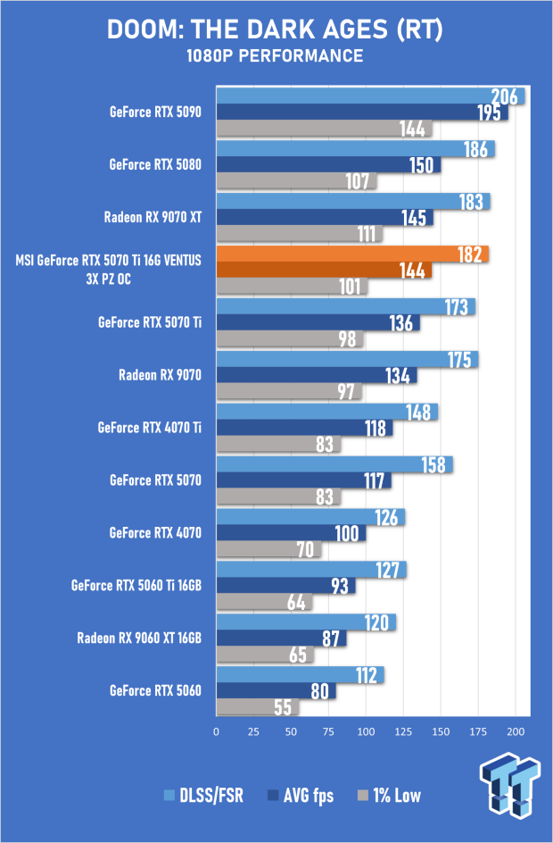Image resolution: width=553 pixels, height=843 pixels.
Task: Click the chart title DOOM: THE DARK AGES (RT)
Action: pos(275,29)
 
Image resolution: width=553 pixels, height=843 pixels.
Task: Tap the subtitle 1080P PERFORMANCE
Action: pos(275,55)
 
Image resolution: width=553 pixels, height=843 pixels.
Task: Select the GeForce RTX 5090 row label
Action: pos(156,112)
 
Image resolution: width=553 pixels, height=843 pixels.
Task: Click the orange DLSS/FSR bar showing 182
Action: pos(352,254)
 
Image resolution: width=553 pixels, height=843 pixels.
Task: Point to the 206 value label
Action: pos(505,96)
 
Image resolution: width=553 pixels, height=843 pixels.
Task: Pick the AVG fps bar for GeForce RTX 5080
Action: pos(328,165)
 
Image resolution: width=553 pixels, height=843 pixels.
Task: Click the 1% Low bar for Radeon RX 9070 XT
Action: pos(300,234)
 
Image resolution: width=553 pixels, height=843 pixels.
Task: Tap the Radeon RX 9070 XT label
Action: pos(153,217)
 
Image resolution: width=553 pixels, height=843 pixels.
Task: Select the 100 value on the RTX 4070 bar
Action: pos(347,533)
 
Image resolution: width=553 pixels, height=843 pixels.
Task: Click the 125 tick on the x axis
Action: pos(403,731)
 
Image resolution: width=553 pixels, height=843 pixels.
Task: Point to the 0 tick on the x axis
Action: pos(217,731)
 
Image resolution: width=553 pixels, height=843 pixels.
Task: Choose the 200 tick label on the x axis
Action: pos(516,731)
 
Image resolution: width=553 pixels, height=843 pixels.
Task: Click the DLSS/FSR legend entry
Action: pos(204,796)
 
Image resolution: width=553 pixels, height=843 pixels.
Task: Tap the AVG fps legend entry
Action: pos(301,796)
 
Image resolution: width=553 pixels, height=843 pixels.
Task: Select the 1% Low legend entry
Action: pos(389,796)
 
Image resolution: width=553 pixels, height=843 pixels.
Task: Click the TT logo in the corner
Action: pos(509,786)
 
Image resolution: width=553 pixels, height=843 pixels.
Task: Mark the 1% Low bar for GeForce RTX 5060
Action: pos(258,707)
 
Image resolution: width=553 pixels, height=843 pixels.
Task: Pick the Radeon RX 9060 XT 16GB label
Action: pos(140,639)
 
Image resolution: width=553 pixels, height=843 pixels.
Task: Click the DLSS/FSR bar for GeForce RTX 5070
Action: pos(334,464)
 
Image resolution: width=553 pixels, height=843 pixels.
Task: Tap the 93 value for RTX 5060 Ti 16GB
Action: pos(340,586)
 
